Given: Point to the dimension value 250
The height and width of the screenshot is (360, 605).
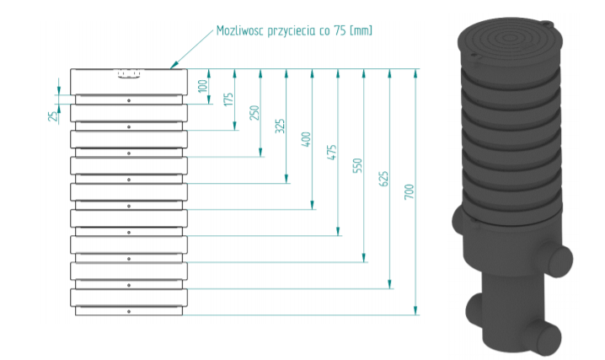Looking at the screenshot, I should (254, 113).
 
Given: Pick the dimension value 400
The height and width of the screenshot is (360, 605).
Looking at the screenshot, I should (306, 139).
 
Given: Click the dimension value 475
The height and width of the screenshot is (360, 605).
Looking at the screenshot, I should (332, 152).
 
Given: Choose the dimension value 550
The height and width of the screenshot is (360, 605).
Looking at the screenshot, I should (357, 165).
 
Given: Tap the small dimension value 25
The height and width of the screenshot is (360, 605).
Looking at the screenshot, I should (51, 116).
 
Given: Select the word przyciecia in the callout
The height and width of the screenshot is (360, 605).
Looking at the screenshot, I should (292, 31).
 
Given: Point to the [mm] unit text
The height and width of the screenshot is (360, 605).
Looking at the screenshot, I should (360, 31).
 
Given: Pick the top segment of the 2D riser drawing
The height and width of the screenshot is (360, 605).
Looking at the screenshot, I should (129, 80).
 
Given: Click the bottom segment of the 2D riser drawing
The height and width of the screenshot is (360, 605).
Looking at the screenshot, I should (129, 311).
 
